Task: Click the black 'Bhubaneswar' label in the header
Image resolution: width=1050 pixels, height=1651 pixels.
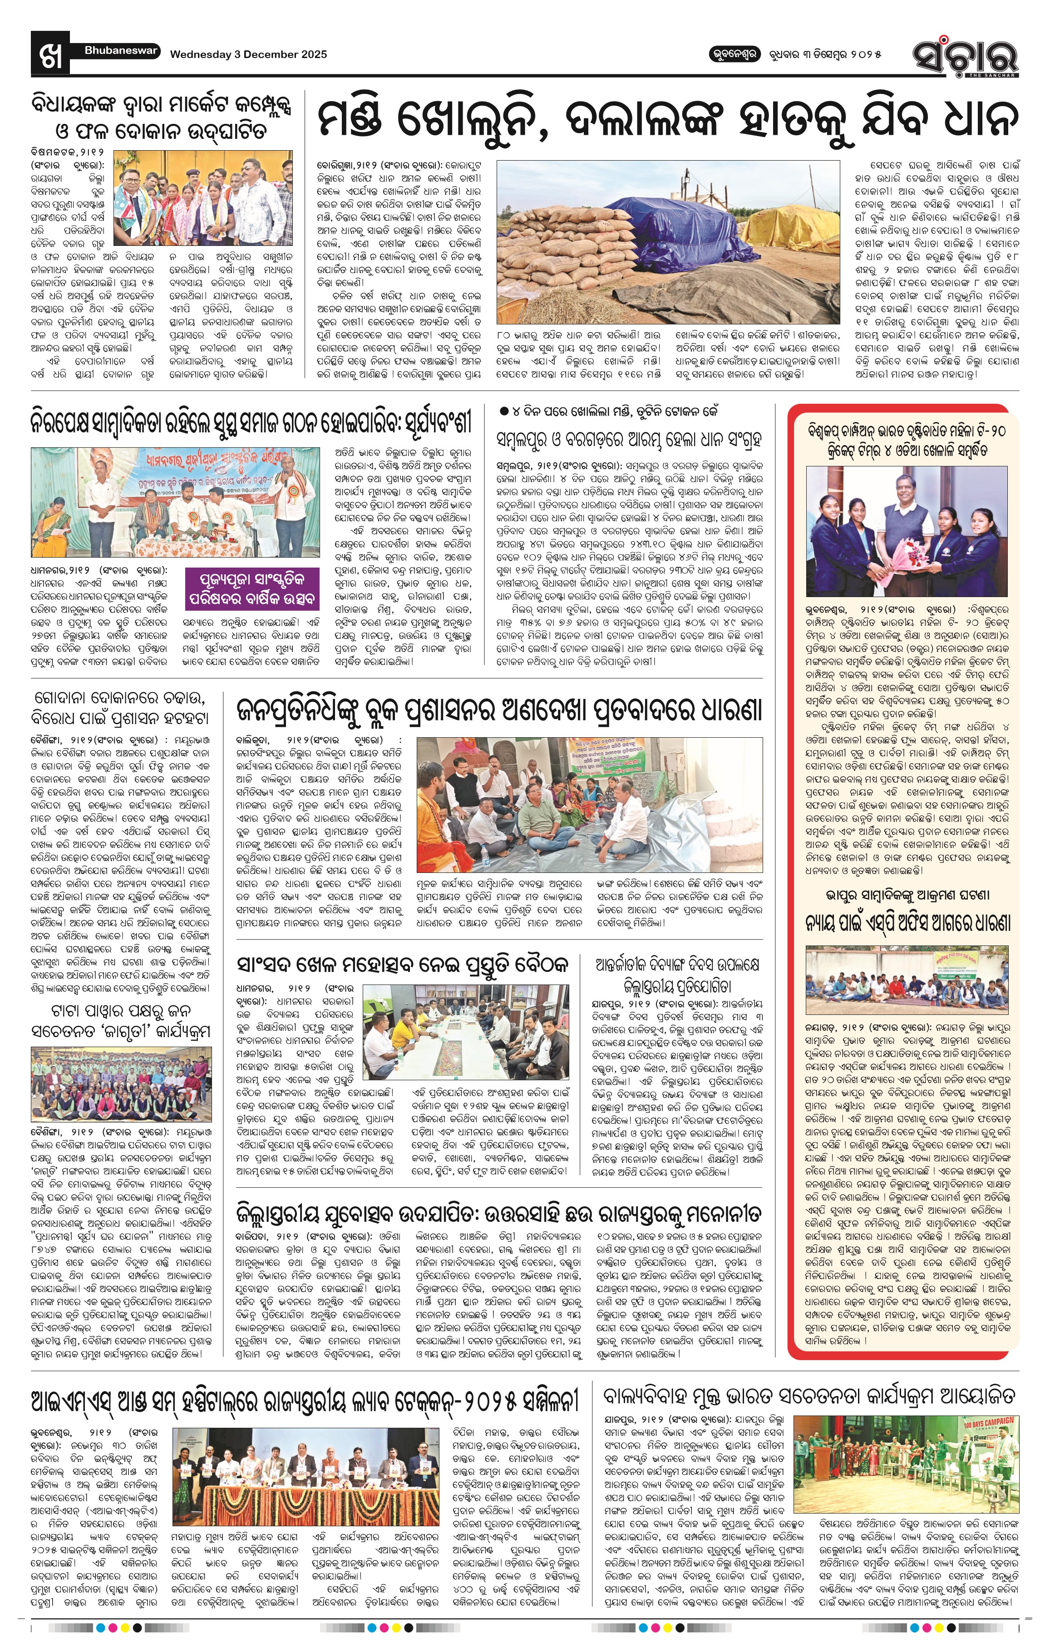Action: (121, 51)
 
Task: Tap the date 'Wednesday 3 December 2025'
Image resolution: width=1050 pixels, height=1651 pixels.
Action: (248, 55)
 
